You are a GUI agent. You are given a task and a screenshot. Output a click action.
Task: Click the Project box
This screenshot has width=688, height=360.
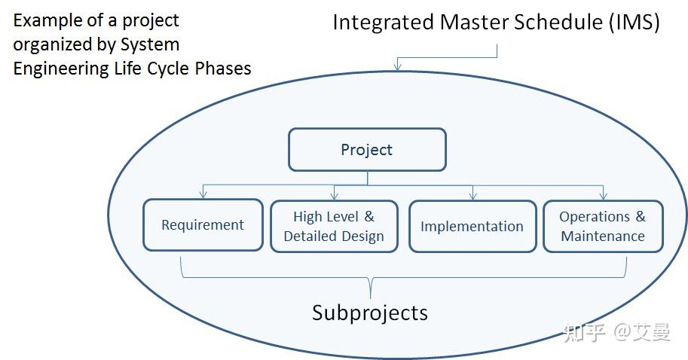367,149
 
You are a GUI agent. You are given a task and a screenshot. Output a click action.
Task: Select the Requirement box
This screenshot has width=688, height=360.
203,224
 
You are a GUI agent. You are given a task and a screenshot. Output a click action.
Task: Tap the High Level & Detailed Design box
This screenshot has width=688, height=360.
334,226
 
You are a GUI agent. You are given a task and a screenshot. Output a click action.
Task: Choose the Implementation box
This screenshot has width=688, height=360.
472,226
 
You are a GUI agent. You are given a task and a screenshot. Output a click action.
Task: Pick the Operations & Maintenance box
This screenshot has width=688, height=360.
603,226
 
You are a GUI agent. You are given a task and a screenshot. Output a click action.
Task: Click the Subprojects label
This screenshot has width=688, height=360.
369,313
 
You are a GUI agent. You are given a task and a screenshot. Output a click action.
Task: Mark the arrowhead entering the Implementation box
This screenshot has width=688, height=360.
472,196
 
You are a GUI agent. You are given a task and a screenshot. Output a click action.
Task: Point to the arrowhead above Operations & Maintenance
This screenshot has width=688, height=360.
604,196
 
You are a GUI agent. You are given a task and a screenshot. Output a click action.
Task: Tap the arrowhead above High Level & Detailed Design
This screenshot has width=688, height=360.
334,196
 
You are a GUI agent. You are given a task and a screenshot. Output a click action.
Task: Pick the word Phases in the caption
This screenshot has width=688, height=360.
224,69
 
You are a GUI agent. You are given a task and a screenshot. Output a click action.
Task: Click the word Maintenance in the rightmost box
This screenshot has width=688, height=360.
603,236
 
